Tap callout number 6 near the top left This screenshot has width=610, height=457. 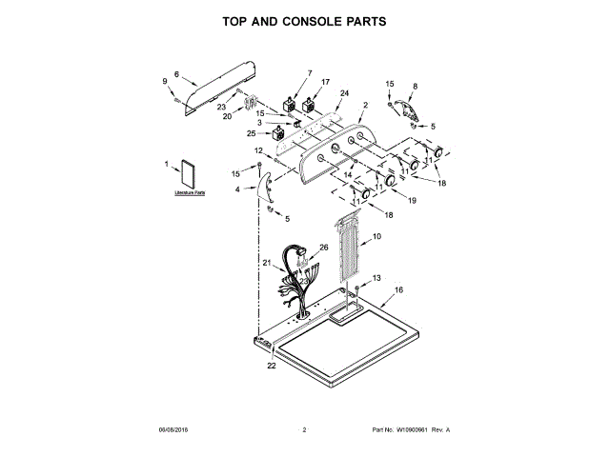point(176,74)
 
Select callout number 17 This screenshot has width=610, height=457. point(325,82)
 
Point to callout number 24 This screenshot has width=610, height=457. point(344,93)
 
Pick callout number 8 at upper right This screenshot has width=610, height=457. point(414,87)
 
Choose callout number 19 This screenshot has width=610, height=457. point(413,202)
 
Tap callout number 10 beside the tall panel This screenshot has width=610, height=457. point(376,235)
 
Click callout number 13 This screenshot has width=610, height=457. point(376,277)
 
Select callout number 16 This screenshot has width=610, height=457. point(398,289)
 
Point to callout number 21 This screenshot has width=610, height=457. point(266,263)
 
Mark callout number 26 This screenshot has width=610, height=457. point(323,248)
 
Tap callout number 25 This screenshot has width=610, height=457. point(251,134)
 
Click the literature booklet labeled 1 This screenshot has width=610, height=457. point(189,174)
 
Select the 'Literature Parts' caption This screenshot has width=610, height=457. point(190,193)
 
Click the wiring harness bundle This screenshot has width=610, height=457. point(295,281)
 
